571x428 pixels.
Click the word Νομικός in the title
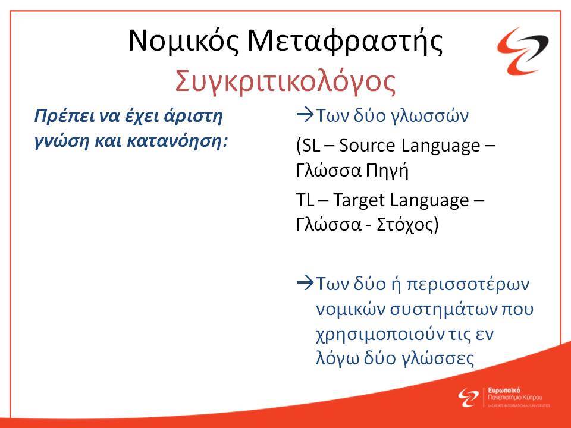pos(184,41)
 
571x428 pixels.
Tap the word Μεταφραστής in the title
pos(345,41)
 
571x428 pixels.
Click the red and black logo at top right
pos(523,51)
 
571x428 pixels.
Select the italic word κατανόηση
pos(177,141)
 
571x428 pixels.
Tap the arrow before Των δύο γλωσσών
pos(305,115)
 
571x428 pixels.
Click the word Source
pos(367,146)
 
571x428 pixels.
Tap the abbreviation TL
pos(305,200)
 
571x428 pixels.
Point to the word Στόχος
pos(403,225)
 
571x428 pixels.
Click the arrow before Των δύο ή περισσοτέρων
pos(305,283)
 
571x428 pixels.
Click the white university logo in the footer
pos(504,397)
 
